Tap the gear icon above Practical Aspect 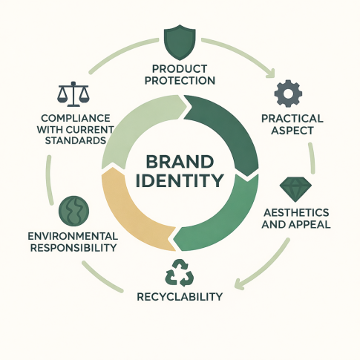click(288, 94)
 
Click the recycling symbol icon click(180, 272)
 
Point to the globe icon click(73, 211)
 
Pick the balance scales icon click(73, 94)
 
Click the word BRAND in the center click(180, 163)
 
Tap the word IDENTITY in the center click(180, 180)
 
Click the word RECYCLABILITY click(180, 296)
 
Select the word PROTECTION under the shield click(180, 81)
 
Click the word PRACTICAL click(292, 119)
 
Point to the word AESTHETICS click(296, 212)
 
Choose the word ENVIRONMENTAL click(73, 236)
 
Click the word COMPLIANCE click(76, 118)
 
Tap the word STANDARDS click(76, 140)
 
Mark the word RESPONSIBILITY click(73, 248)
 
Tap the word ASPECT click(292, 131)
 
